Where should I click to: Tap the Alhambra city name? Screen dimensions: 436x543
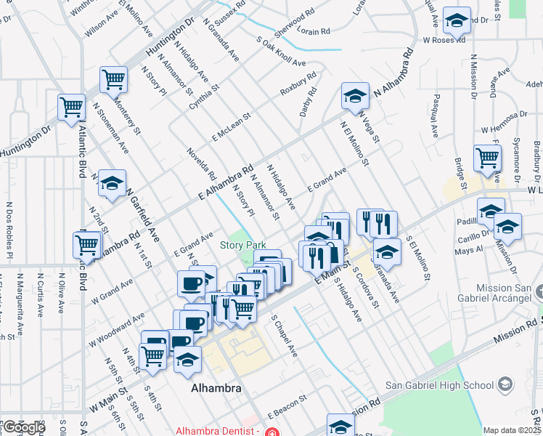click(x=216, y=389)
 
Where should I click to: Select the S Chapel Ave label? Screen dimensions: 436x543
click(x=284, y=336)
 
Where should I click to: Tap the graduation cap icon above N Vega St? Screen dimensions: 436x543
click(x=355, y=96)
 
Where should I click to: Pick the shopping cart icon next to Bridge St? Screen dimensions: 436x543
click(x=487, y=157)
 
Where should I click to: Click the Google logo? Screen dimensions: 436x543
click(x=23, y=427)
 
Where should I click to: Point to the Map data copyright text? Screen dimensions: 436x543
click(x=511, y=430)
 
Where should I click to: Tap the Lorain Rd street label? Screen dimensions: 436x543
click(x=314, y=32)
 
